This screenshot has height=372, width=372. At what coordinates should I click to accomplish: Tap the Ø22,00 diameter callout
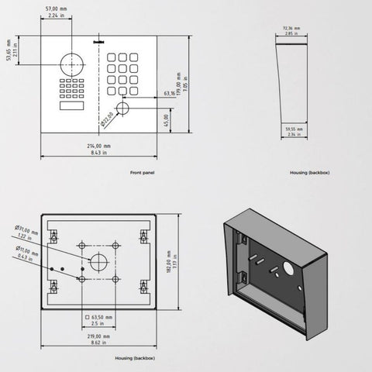tap(106, 118)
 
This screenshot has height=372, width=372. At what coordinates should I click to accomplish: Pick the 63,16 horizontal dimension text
tap(169, 94)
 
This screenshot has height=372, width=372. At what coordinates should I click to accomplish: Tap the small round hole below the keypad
tap(122, 109)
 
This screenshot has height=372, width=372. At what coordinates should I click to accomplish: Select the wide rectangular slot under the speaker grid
tap(69, 105)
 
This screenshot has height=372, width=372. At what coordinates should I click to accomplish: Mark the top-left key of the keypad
tap(112, 57)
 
